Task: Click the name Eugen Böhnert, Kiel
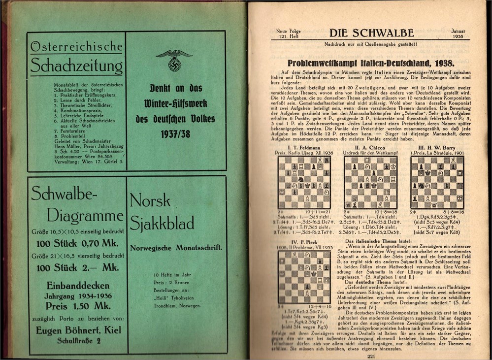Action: point(79,330)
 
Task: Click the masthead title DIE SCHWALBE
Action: point(364,33)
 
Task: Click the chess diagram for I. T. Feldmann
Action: point(304,183)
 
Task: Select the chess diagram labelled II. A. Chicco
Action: point(370,183)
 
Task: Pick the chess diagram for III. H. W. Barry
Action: point(437,183)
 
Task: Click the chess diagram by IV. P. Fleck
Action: point(304,277)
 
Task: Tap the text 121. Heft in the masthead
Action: point(285,37)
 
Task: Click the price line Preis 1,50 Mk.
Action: point(77,305)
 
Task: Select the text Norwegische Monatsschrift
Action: point(176,248)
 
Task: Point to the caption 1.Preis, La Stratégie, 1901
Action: point(437,153)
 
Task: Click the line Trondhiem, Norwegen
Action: point(176,305)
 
